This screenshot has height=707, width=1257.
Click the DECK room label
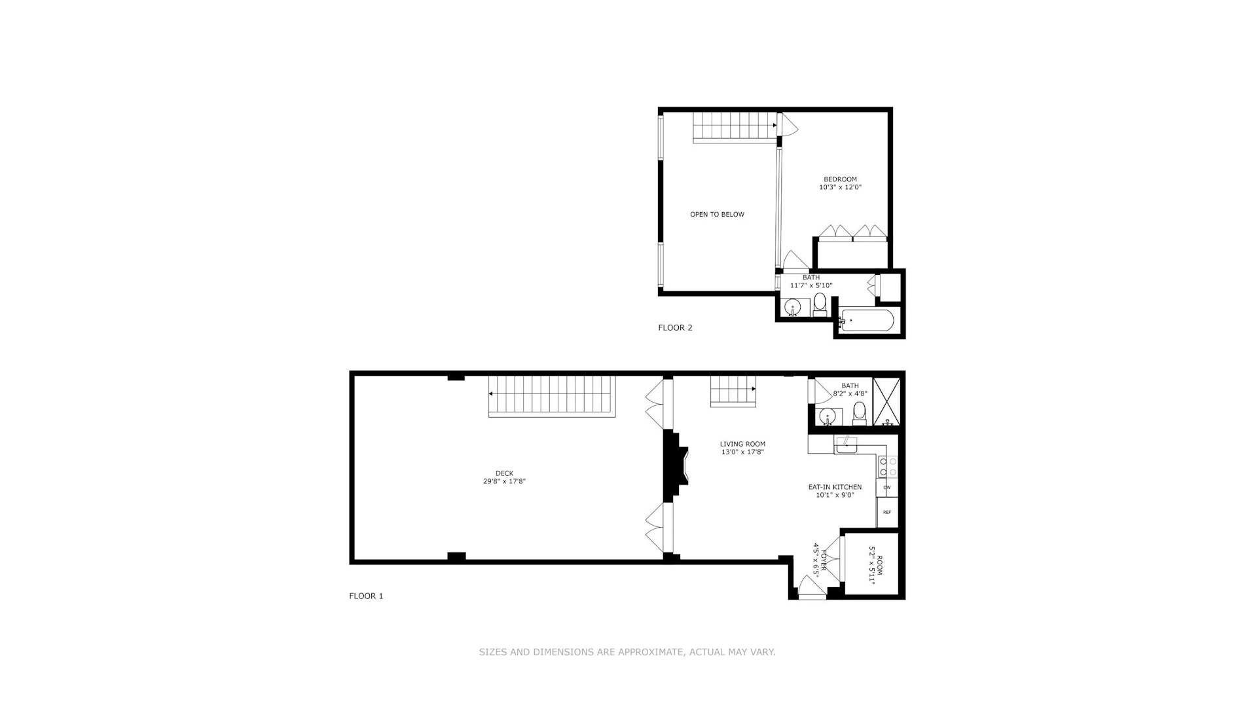point(504,473)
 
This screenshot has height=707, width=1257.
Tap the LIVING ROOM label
point(742,444)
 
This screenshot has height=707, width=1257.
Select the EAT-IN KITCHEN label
point(835,487)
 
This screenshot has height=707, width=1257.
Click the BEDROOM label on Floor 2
point(840,179)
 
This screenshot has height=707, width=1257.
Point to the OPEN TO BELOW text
point(717,214)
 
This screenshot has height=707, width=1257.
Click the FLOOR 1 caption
point(366,596)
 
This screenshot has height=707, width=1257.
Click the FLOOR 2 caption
point(675,327)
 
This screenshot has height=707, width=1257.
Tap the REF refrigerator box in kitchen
point(887,512)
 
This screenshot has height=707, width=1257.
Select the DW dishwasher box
point(887,487)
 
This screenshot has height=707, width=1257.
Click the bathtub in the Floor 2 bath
point(868,320)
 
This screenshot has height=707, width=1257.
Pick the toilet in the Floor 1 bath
point(860,414)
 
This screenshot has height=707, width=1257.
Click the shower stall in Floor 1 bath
point(886,401)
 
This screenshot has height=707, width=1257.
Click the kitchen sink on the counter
point(845,445)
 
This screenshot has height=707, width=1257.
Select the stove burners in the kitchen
point(888,466)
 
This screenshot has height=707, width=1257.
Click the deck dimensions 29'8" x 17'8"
point(504,481)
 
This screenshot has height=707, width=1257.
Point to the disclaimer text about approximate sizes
point(627,652)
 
